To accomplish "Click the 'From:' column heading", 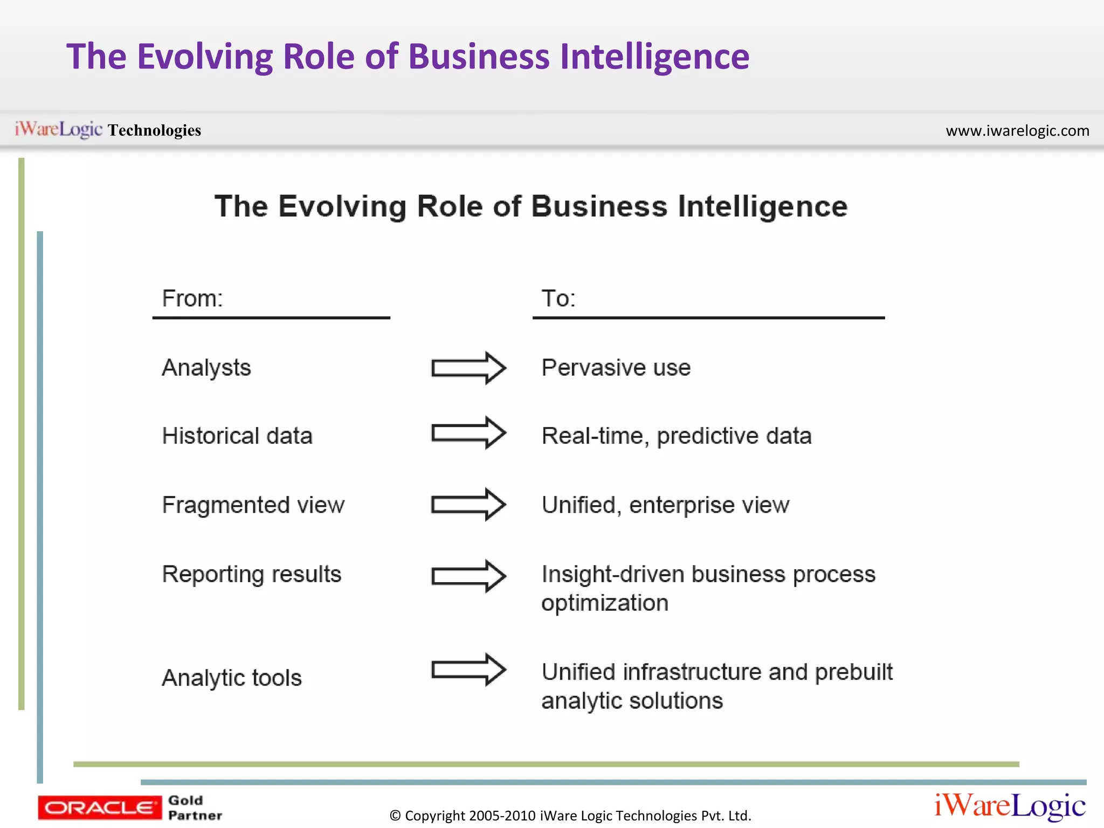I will point(192,299).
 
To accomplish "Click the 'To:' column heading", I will point(558,299).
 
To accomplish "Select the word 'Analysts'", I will point(206,368).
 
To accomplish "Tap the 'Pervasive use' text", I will point(616,368).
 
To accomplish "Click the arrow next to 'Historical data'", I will point(468,433).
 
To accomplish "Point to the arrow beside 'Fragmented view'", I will point(468,505).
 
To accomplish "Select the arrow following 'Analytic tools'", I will point(468,670).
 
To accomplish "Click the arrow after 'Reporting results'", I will point(468,576).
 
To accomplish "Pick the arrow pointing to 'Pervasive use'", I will point(468,368).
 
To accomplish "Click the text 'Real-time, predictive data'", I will point(677,436).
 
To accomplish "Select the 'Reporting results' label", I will point(252,575).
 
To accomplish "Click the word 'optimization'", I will point(605,603).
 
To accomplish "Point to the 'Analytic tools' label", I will point(232,678).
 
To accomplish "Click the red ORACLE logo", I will point(100,808).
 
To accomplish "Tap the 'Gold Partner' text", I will point(195,808).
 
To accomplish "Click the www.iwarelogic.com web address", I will point(1017,131).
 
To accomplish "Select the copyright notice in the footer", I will point(570,816).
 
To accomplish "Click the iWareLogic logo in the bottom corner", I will point(1010,806).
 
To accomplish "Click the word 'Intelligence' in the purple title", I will point(654,57).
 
